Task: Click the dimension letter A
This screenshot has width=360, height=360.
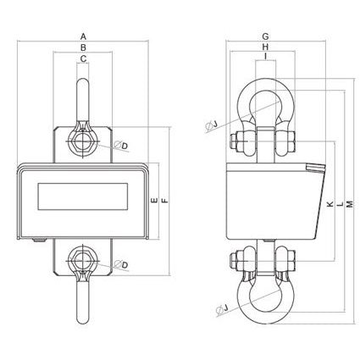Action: click(83, 36)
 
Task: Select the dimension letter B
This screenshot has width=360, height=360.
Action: click(83, 48)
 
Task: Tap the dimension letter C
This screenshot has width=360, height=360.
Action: click(83, 59)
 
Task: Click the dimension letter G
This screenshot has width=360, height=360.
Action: click(265, 36)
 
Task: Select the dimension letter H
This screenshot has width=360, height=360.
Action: click(265, 48)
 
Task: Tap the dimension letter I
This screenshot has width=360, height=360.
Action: click(265, 59)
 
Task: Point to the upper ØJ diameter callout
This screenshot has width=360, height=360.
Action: click(211, 126)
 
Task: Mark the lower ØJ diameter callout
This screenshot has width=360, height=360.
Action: click(211, 307)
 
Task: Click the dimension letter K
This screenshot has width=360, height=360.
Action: click(329, 205)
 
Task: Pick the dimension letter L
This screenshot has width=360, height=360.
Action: click(340, 205)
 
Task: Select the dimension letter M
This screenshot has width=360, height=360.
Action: click(350, 205)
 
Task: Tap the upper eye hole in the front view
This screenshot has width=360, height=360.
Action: click(83, 138)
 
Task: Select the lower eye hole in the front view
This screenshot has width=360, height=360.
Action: click(83, 257)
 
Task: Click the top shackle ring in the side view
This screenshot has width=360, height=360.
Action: click(265, 102)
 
